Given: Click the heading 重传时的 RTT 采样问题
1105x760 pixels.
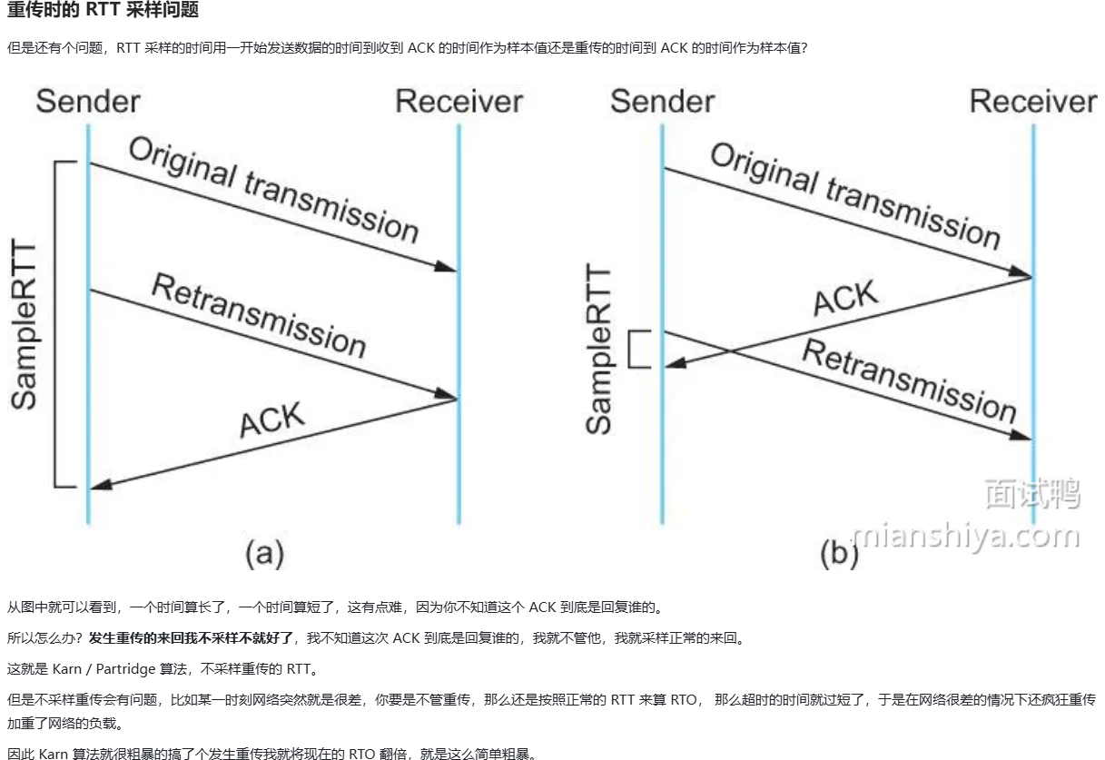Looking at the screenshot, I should click(x=103, y=11).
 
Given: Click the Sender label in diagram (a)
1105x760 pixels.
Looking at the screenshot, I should click(x=88, y=101).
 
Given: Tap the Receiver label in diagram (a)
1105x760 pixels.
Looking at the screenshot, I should click(x=459, y=101).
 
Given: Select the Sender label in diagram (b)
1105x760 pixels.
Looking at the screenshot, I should click(x=662, y=101).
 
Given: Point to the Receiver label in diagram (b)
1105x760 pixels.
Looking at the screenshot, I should click(x=1033, y=101).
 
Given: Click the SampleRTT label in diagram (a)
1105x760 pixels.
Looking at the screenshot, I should click(x=25, y=325).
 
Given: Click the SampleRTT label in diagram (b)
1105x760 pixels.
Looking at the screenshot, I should click(x=599, y=350).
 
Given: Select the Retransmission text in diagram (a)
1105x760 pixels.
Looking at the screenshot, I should click(x=259, y=315).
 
